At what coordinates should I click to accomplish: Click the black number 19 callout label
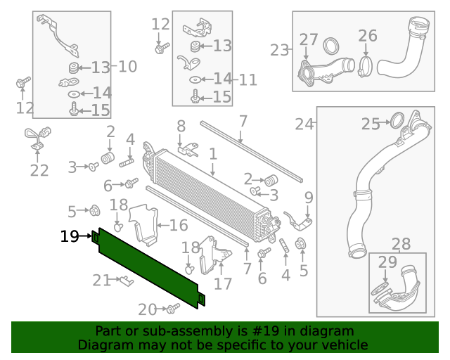pyautogui.click(x=70, y=236)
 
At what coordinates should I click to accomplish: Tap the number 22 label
pyautogui.click(x=39, y=170)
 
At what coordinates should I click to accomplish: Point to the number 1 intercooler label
pyautogui.click(x=212, y=153)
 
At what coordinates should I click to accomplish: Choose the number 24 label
pyautogui.click(x=304, y=124)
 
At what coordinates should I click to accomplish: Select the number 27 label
pyautogui.click(x=309, y=39)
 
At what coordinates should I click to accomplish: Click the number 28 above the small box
pyautogui.click(x=401, y=244)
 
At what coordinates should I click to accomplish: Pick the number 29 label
pyautogui.click(x=387, y=263)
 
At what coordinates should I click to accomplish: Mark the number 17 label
pyautogui.click(x=223, y=284)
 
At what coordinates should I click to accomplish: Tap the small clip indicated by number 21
pyautogui.click(x=124, y=282)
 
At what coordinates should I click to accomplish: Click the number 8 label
pyautogui.click(x=181, y=127)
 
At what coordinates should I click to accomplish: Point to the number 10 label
pyautogui.click(x=127, y=67)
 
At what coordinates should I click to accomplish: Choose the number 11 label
pyautogui.click(x=248, y=80)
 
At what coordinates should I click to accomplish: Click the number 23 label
pyautogui.click(x=280, y=50)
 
